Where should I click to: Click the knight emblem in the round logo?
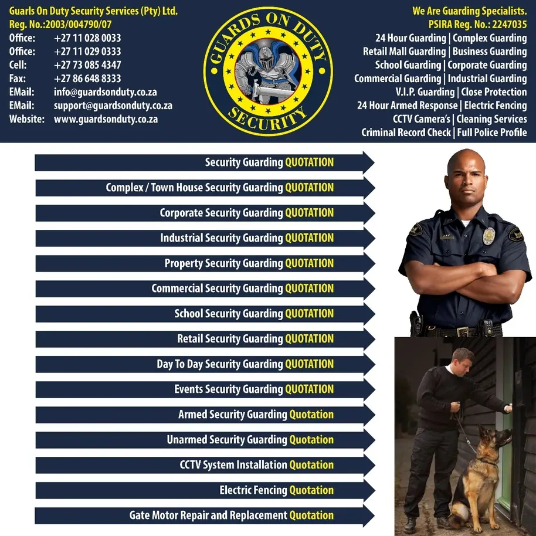point(268,70)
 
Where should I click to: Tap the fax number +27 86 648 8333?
point(87,79)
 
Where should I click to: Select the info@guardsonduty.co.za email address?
point(106,92)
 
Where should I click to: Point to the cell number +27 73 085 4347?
point(87,65)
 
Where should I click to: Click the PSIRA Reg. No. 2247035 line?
point(477,25)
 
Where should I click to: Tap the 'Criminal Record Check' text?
point(406,133)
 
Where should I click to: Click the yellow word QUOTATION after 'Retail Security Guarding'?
point(309,339)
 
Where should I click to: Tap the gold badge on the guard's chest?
point(488,236)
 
